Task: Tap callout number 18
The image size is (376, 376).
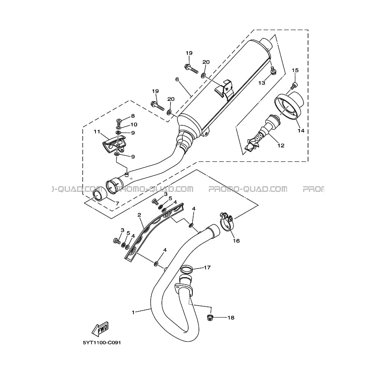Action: tap(231, 318)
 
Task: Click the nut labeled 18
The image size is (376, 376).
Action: tap(209, 317)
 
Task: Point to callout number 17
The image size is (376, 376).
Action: tap(207, 268)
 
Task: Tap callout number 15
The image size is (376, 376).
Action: tap(294, 70)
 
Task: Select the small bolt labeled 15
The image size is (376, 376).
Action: tap(294, 85)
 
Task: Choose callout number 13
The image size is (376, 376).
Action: tap(262, 83)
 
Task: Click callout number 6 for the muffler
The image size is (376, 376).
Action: tap(177, 79)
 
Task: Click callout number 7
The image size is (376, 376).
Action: tap(117, 203)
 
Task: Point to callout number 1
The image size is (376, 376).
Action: tap(133, 312)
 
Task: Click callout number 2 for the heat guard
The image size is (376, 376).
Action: tap(139, 215)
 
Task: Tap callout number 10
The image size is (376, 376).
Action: tap(134, 124)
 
